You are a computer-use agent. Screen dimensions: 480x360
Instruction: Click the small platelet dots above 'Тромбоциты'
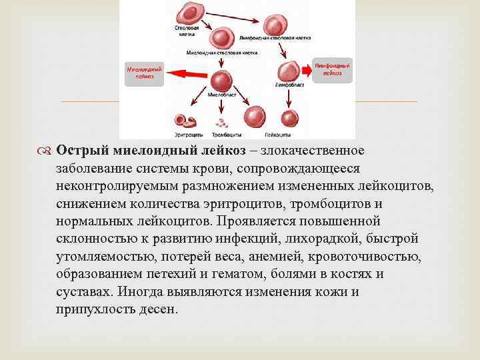(221, 122)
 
